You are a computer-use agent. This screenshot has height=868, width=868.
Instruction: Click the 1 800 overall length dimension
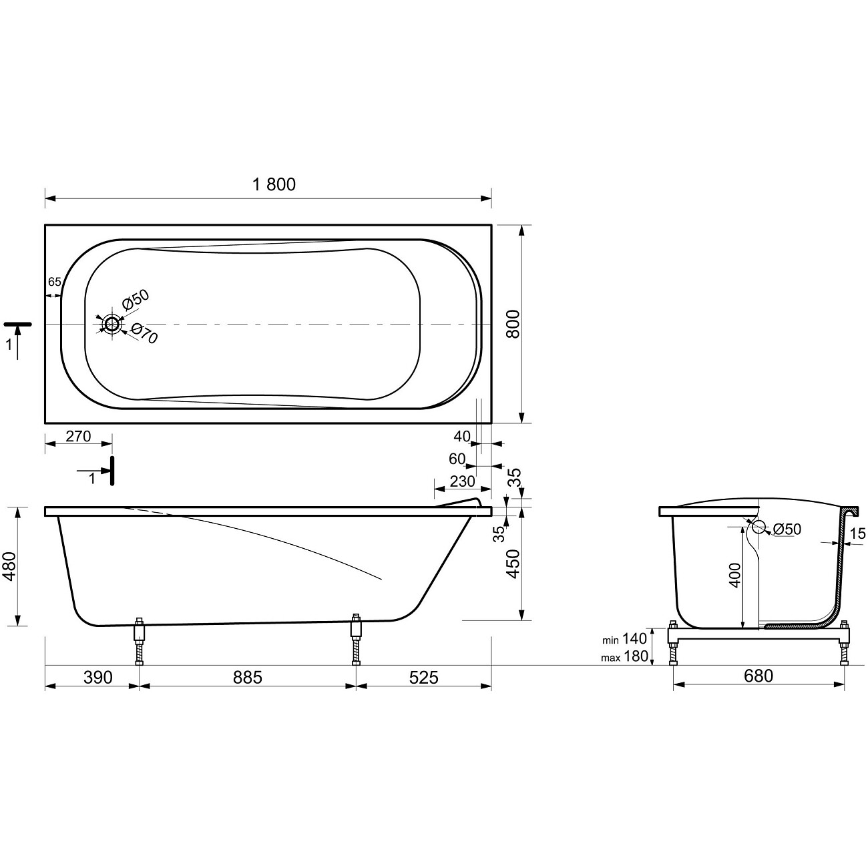tap(274, 184)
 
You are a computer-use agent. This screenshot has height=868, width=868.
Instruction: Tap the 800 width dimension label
tap(513, 324)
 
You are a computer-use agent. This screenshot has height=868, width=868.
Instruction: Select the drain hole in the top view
tap(112, 324)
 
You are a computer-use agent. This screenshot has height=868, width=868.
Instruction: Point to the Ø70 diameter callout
tap(144, 334)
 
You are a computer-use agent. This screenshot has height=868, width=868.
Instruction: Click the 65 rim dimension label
tap(55, 282)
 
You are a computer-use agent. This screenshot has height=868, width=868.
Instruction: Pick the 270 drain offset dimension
tap(78, 436)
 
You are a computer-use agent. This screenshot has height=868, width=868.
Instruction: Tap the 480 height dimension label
tap(10, 566)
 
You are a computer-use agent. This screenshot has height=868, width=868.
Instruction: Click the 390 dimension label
tap(97, 677)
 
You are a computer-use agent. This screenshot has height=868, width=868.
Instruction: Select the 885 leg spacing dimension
tap(248, 677)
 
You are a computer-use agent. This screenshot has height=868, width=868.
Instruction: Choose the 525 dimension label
tap(424, 677)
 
